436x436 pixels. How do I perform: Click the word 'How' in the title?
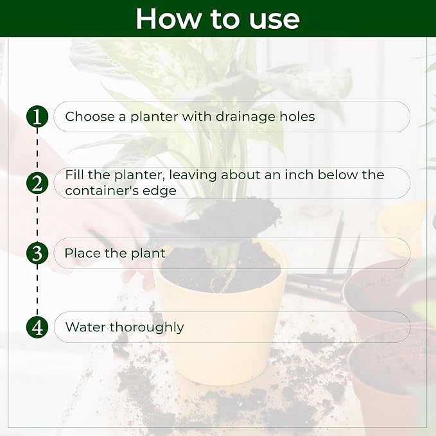[x=168, y=19]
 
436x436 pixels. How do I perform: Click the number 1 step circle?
[x=37, y=116]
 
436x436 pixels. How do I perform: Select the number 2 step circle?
[x=37, y=183]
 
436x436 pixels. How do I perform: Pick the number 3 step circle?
[x=37, y=253]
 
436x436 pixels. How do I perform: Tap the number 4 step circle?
[x=37, y=327]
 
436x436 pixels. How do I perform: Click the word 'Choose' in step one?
[x=90, y=116]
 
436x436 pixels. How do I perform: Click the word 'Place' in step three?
[x=83, y=253]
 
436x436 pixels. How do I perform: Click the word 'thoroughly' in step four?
[x=147, y=328]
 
